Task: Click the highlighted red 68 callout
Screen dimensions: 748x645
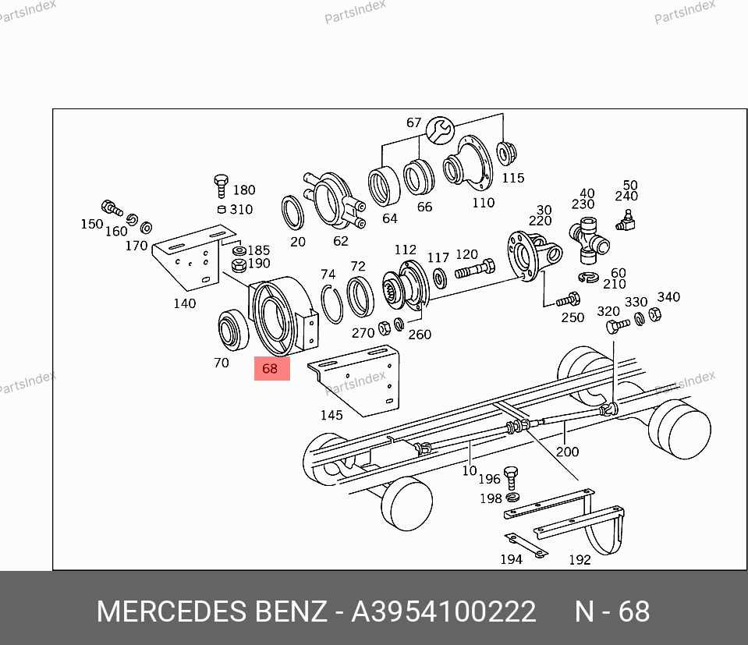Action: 272,368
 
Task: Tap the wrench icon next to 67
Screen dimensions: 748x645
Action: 440,130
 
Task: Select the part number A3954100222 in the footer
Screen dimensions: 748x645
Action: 444,611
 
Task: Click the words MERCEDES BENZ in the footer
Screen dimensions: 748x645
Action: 212,611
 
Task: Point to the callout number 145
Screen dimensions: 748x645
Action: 331,415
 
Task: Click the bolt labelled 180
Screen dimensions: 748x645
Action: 221,186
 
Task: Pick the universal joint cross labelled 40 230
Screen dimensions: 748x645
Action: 589,240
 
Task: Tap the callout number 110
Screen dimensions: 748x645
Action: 484,203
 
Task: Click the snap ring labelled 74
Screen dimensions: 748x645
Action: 331,304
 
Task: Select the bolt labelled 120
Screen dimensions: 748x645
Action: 475,269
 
